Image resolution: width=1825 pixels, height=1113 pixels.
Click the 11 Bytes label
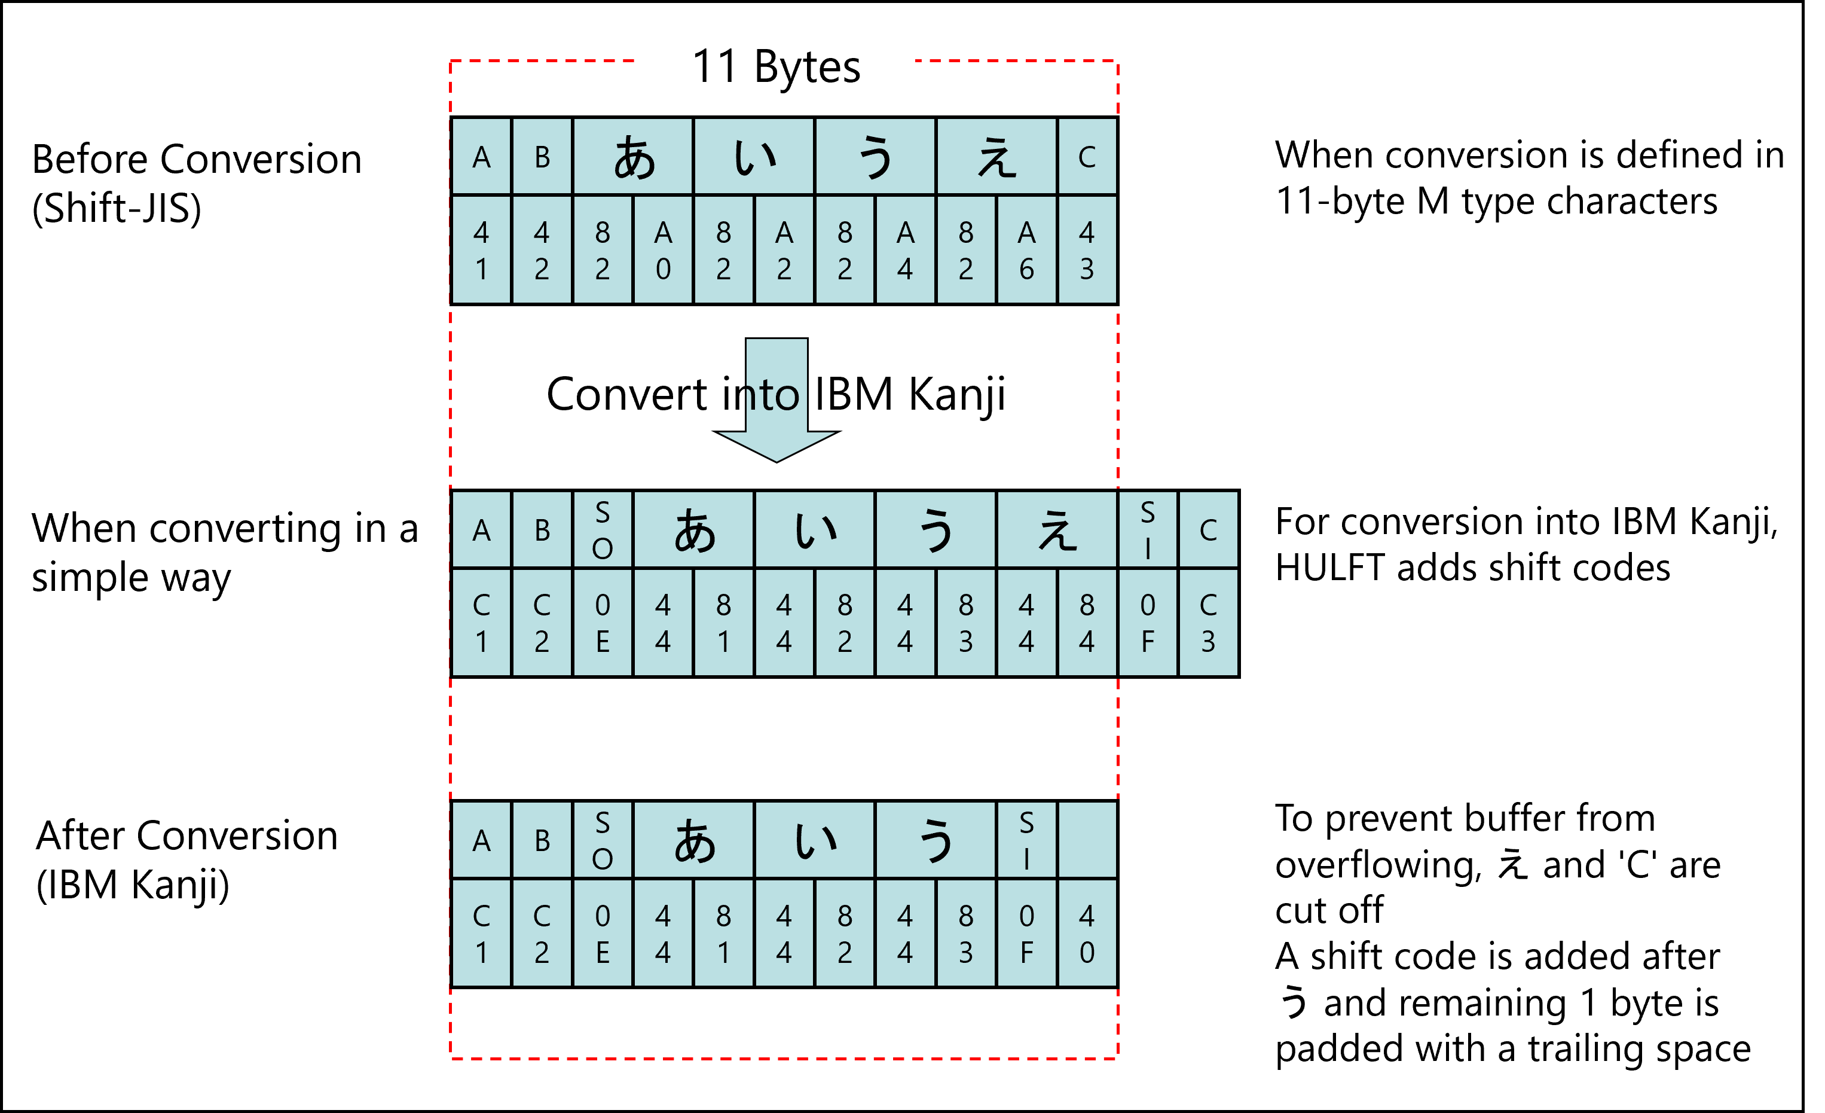(x=775, y=65)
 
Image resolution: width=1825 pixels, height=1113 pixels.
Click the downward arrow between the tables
(x=777, y=400)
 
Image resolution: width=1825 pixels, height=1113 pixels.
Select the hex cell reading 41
(x=481, y=251)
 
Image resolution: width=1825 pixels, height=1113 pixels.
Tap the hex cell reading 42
(x=542, y=251)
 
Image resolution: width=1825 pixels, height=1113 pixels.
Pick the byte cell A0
(x=663, y=251)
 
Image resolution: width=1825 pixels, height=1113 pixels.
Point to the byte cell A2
(x=784, y=251)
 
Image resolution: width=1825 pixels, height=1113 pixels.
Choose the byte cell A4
(x=905, y=251)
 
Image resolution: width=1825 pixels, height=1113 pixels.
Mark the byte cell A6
(x=1026, y=251)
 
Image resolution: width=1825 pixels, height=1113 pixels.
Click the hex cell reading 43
(x=1087, y=251)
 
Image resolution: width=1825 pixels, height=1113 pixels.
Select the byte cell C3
(x=1208, y=623)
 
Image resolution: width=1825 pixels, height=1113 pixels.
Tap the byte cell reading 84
(x=1087, y=623)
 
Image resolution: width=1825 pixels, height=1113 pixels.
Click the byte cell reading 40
(x=1087, y=934)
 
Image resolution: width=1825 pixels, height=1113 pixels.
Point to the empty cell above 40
(x=1087, y=840)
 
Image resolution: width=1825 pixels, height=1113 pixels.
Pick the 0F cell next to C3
(x=1147, y=623)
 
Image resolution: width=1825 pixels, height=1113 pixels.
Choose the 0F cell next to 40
(x=1026, y=934)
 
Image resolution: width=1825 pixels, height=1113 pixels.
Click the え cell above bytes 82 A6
(x=996, y=157)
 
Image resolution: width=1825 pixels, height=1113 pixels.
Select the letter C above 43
(x=1087, y=157)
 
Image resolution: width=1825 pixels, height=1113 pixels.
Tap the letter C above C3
(x=1208, y=530)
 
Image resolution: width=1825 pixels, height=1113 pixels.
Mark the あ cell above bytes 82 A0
(x=633, y=157)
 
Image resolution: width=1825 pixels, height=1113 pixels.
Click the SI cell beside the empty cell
(x=1026, y=840)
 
